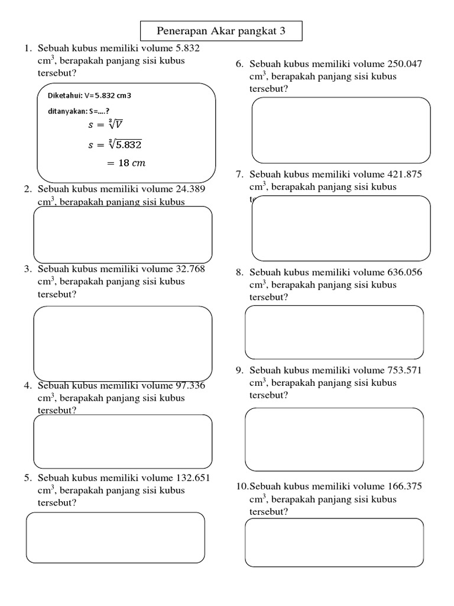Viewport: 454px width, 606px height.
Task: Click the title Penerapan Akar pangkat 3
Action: (221, 31)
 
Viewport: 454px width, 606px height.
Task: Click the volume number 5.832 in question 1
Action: (187, 49)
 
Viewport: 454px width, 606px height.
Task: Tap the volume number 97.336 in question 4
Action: (191, 385)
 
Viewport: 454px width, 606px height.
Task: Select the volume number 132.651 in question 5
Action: (194, 478)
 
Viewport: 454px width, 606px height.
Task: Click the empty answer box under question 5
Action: (116, 537)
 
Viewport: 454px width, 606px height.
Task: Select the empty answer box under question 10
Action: (334, 543)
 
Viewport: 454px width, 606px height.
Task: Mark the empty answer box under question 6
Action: (341, 130)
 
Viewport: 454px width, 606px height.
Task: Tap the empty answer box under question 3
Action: (123, 343)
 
